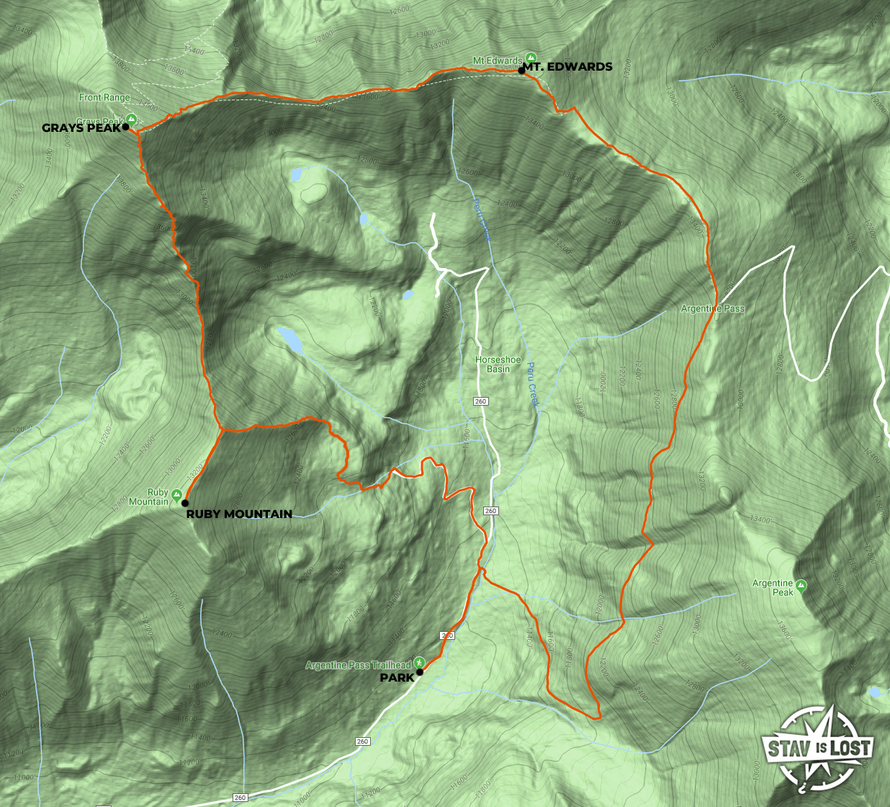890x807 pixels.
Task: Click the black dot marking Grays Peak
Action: (x=126, y=127)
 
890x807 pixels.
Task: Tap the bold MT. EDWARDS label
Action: (x=568, y=67)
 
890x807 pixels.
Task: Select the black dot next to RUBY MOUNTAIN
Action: (x=185, y=503)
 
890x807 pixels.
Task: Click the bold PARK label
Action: (x=397, y=677)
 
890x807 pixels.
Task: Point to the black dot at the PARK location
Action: (x=420, y=672)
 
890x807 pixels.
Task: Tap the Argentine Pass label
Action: (x=713, y=309)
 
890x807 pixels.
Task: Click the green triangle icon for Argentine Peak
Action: (x=801, y=585)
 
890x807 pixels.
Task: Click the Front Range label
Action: (x=105, y=97)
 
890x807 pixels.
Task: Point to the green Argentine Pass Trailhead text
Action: (x=358, y=665)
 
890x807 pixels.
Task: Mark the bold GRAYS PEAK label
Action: (x=81, y=128)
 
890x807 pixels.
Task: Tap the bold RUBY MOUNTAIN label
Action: (x=239, y=514)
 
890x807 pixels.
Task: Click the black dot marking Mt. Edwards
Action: (x=521, y=71)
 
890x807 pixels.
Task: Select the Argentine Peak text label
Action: (x=773, y=588)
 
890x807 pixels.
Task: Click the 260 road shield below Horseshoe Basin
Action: (x=481, y=401)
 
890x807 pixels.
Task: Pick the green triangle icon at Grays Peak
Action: (x=131, y=119)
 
